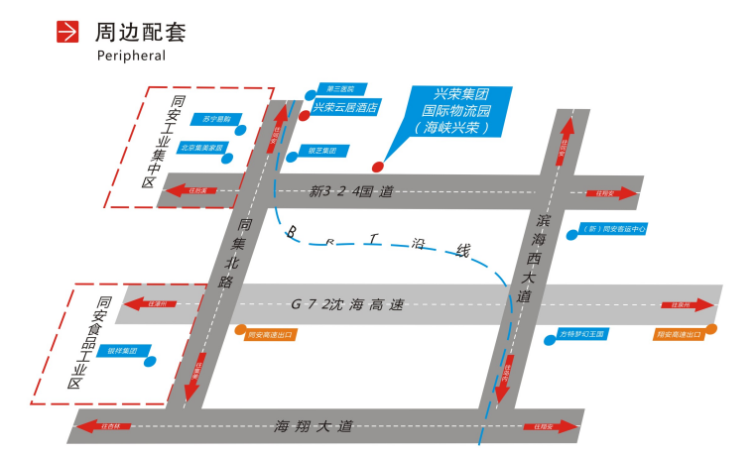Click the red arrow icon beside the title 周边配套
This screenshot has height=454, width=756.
tap(67, 32)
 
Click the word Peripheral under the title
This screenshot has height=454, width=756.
tap(131, 57)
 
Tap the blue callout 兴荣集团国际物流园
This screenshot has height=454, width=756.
tap(454, 111)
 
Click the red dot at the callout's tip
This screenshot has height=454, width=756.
tap(377, 166)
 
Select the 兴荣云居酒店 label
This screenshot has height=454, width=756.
tap(346, 107)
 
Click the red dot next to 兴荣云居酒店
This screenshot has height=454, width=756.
tap(304, 115)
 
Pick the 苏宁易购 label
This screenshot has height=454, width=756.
tap(210, 119)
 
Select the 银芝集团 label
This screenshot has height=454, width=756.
tap(324, 151)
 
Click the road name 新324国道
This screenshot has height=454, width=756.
tap(351, 190)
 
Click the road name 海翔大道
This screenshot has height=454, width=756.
tap(315, 426)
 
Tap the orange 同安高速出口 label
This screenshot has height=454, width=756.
tap(271, 335)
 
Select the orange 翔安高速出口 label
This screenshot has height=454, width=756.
tap(679, 335)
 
